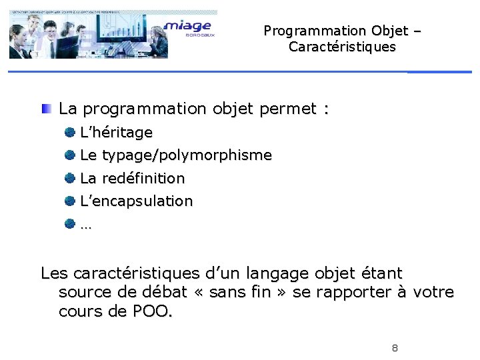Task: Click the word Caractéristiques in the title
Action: [342, 47]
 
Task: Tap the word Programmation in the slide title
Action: [305, 31]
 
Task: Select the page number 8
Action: [395, 348]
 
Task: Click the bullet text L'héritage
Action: [116, 133]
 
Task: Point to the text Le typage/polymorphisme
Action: [175, 155]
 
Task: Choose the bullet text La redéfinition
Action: [132, 178]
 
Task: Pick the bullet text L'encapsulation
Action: [136, 201]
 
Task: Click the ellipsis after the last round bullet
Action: [85, 225]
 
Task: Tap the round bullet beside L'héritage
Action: [69, 133]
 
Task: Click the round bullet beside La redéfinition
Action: [69, 178]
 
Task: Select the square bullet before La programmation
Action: [45, 109]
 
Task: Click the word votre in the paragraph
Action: [433, 293]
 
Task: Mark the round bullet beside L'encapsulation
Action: [69, 201]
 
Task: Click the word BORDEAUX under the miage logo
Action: [195, 37]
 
